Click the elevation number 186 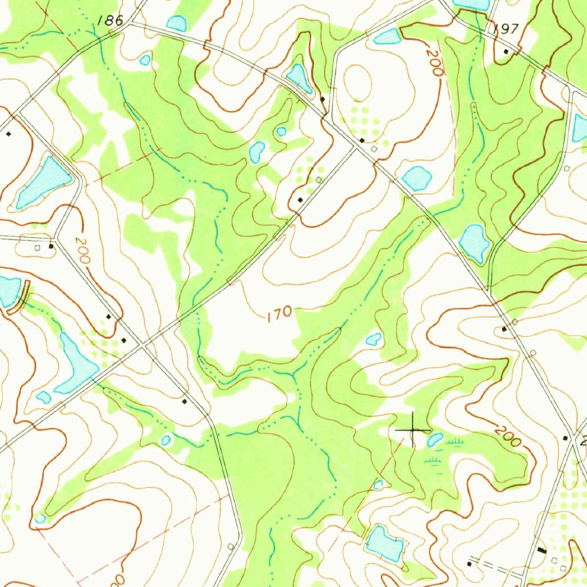coord(110,21)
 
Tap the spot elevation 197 coord(505,29)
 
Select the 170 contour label coord(279,314)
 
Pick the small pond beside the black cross coord(435,440)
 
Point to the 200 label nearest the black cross coord(507,436)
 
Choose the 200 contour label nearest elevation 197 coord(435,63)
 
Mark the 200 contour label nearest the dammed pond coord(82,251)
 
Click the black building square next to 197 coord(506,52)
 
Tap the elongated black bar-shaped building coord(542,550)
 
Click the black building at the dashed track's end coord(469,564)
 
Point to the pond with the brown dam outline coord(10,291)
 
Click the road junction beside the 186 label coord(130,24)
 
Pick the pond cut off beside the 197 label coord(472,5)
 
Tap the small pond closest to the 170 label coord(373,339)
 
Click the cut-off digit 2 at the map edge coord(584,441)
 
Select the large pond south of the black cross coord(384,542)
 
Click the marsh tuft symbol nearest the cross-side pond coord(454,441)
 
